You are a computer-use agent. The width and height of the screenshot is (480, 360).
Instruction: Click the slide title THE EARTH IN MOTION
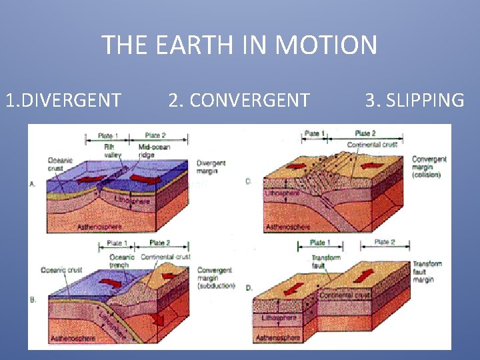pyautogui.click(x=239, y=45)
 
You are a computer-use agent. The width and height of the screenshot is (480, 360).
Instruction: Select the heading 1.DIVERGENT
pyautogui.click(x=63, y=101)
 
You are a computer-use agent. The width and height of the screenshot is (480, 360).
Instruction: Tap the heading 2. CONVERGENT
pyautogui.click(x=239, y=101)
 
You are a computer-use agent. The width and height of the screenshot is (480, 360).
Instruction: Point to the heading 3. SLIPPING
pyautogui.click(x=414, y=101)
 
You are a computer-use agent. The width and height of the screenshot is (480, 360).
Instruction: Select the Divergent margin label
pyautogui.click(x=211, y=167)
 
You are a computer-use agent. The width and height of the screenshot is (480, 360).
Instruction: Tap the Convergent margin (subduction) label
pyautogui.click(x=216, y=278)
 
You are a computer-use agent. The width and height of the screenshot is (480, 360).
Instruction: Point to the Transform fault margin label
pyautogui.click(x=427, y=271)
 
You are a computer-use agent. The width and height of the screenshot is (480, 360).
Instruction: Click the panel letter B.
pyautogui.click(x=33, y=300)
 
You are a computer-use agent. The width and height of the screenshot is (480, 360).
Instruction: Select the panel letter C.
pyautogui.click(x=248, y=181)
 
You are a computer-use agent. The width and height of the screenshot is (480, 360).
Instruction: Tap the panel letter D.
pyautogui.click(x=248, y=287)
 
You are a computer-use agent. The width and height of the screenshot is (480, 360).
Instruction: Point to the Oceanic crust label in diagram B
pyautogui.click(x=61, y=270)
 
